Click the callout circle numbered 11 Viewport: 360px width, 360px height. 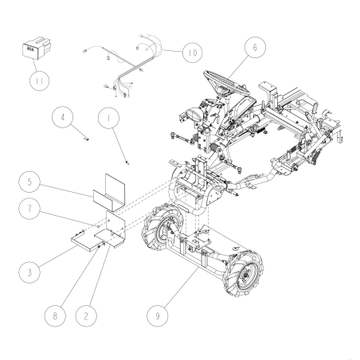(35, 80)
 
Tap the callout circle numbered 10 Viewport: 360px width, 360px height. (191, 53)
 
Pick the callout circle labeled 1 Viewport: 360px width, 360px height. (105, 119)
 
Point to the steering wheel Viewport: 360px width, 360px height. (223, 80)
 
